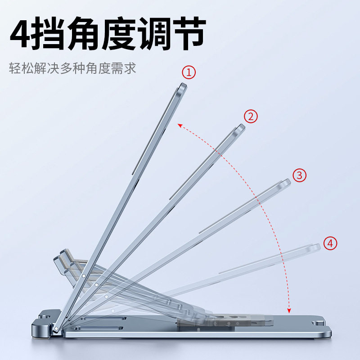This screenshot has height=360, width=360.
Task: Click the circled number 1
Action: click(189, 72)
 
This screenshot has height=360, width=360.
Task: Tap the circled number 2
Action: click(251, 117)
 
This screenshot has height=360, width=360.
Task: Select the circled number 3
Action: click(300, 175)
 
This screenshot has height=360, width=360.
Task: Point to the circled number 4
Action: click(330, 243)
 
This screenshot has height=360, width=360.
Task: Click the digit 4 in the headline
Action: click(22, 35)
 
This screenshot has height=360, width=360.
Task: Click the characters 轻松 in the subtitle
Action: click(21, 69)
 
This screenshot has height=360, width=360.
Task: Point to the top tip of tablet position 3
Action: click(286, 182)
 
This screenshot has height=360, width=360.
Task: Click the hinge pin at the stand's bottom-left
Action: click(55, 329)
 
